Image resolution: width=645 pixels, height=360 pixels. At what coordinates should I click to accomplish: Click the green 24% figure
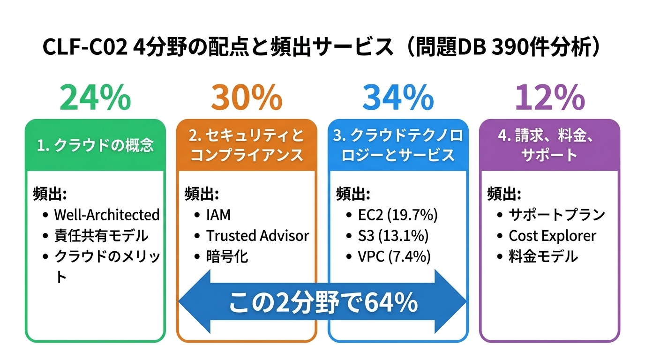coord(95,98)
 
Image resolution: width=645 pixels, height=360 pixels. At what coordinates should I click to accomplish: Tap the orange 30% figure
coord(247,98)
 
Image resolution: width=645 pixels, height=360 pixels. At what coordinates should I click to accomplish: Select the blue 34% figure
coord(398,98)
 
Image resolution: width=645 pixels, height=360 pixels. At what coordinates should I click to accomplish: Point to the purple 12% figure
coord(549,98)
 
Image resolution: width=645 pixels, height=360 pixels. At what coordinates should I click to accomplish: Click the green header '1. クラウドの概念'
coord(95,145)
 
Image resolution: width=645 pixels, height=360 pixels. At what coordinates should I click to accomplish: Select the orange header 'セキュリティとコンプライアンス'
coord(247,145)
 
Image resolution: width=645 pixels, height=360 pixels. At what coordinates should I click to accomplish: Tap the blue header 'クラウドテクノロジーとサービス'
coord(398,145)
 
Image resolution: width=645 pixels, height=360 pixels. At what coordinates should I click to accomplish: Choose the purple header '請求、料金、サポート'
coord(549,145)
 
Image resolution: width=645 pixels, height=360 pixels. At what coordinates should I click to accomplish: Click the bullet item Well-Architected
coord(107,215)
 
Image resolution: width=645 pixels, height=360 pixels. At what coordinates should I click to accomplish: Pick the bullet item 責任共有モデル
coord(101,235)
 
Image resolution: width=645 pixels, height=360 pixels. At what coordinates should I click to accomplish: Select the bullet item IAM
coord(218,215)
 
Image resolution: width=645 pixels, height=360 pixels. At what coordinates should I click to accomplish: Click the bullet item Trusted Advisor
coord(257,235)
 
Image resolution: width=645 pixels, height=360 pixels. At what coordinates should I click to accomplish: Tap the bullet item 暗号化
coord(227,256)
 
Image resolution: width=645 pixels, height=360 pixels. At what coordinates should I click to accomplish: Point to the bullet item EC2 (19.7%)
coord(397,215)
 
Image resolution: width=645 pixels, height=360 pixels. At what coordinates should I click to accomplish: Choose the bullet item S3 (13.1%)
coord(393,235)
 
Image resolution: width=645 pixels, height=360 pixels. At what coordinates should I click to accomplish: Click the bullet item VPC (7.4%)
coord(394,256)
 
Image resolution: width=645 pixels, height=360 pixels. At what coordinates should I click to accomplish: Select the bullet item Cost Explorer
coord(552,235)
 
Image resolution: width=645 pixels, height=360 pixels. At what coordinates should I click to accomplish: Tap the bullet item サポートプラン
coord(557,215)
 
